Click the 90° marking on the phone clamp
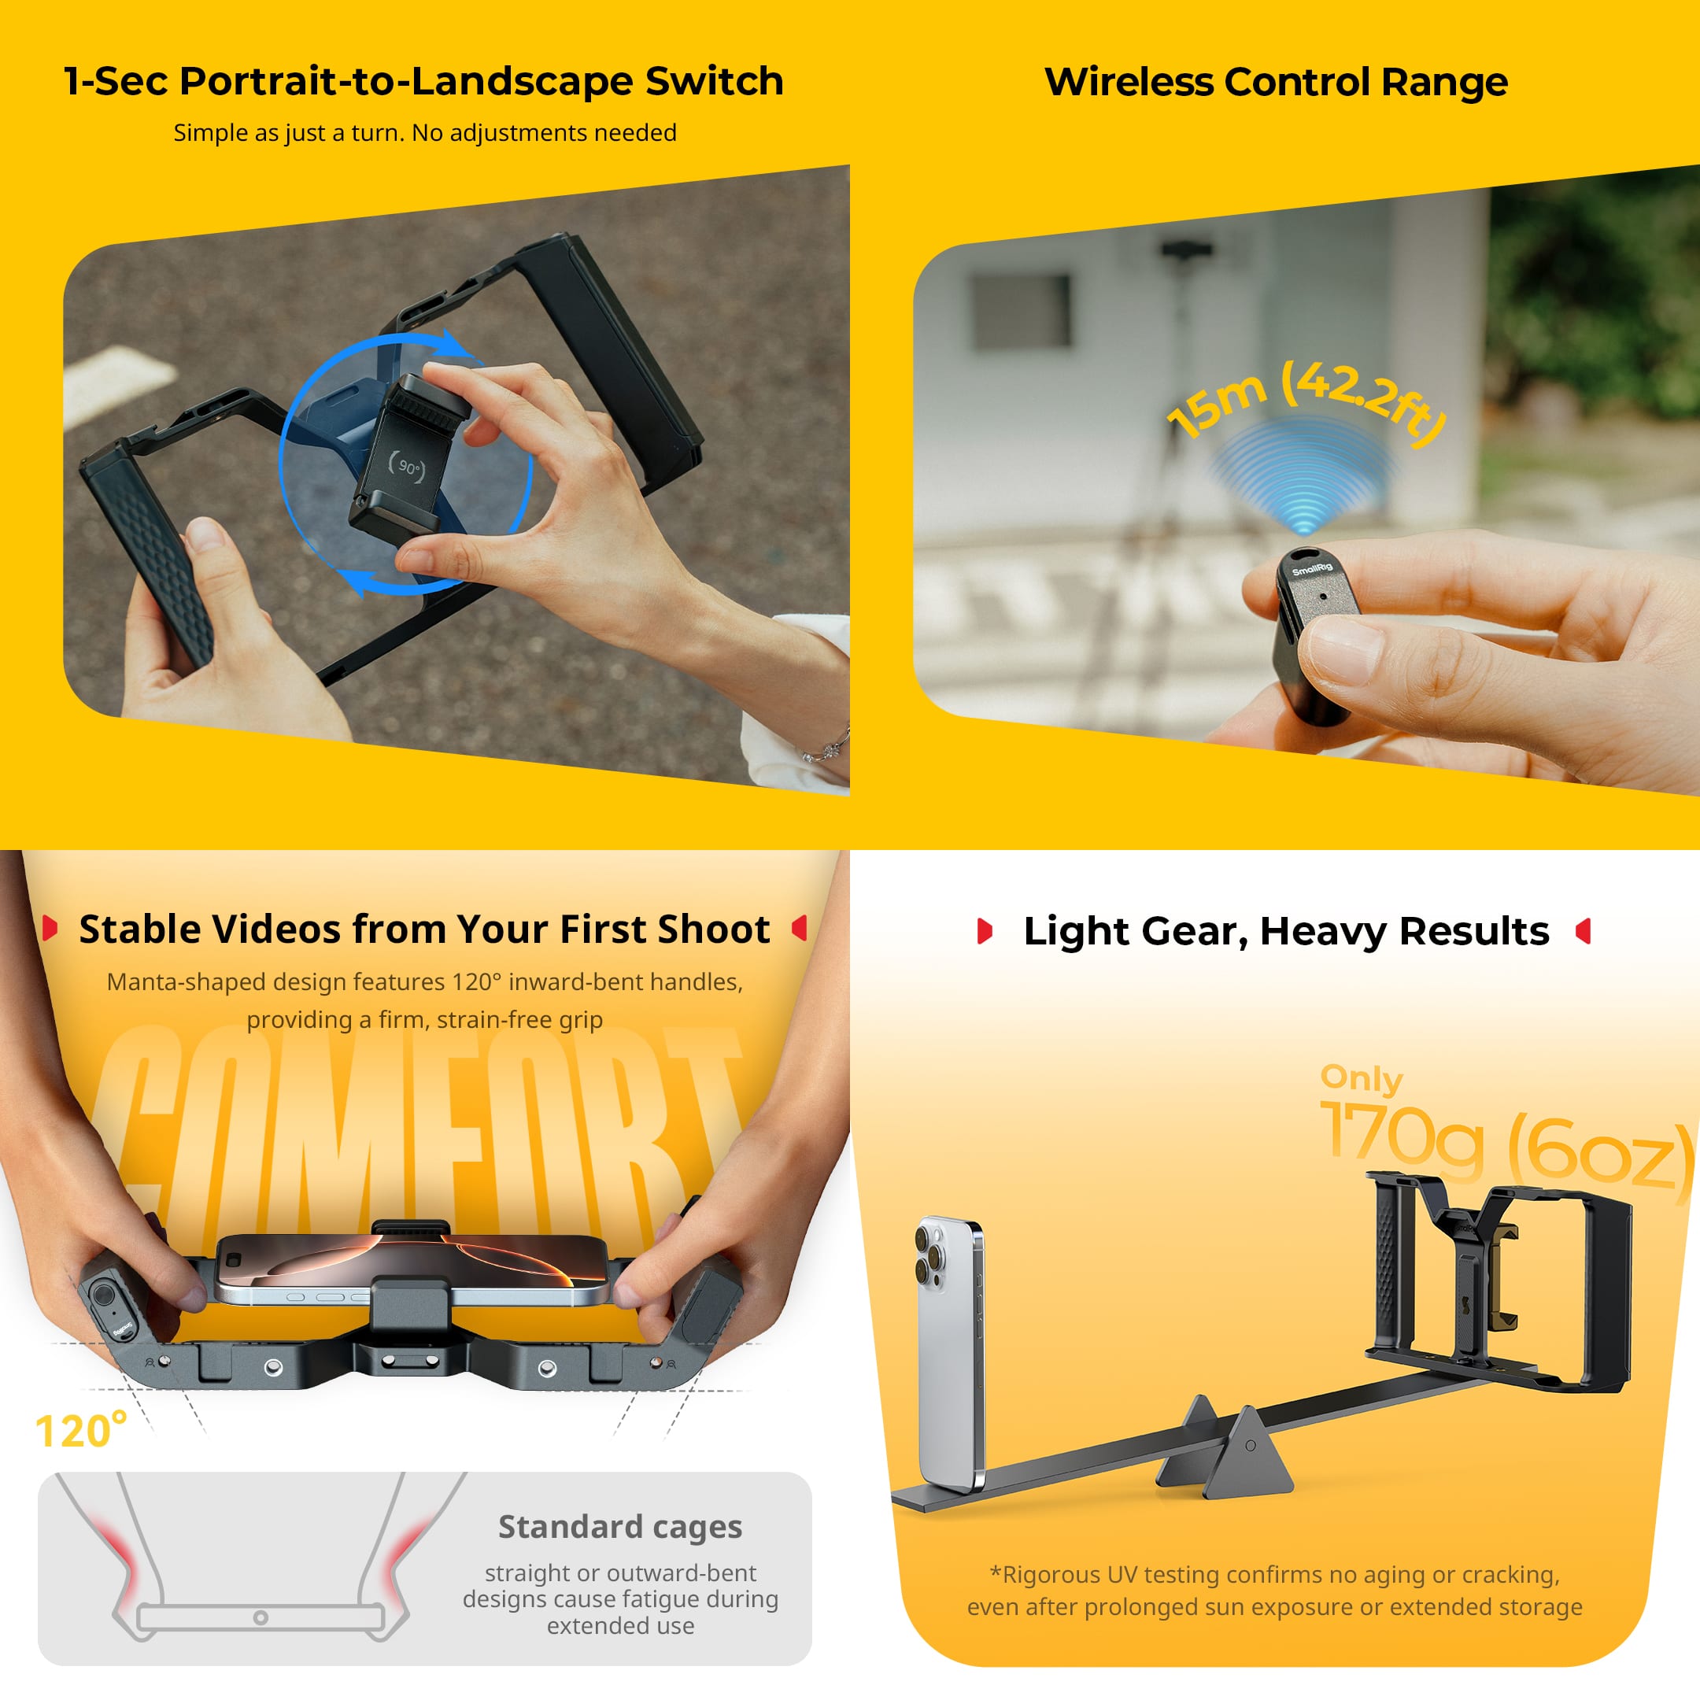point(408,468)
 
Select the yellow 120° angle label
point(81,1432)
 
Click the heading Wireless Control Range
point(1276,82)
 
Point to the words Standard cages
point(620,1527)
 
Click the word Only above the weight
point(1362,1079)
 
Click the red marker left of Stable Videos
point(50,929)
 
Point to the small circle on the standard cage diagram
point(261,1617)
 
